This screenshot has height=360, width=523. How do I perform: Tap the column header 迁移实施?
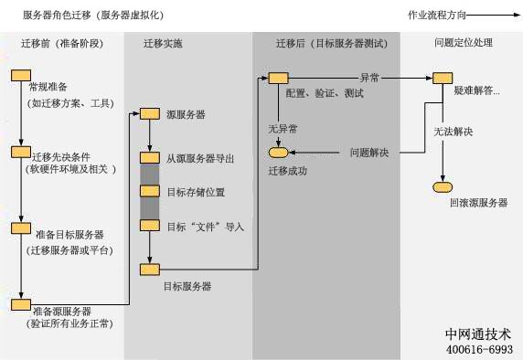point(163,43)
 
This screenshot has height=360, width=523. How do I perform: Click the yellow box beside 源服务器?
point(150,114)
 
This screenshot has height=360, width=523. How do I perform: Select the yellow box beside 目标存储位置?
point(150,191)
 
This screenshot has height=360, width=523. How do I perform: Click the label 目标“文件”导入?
point(206,226)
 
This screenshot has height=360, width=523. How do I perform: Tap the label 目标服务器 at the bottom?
point(187,286)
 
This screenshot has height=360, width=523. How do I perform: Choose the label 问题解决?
point(369,152)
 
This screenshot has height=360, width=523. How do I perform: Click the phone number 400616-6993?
point(479,349)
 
